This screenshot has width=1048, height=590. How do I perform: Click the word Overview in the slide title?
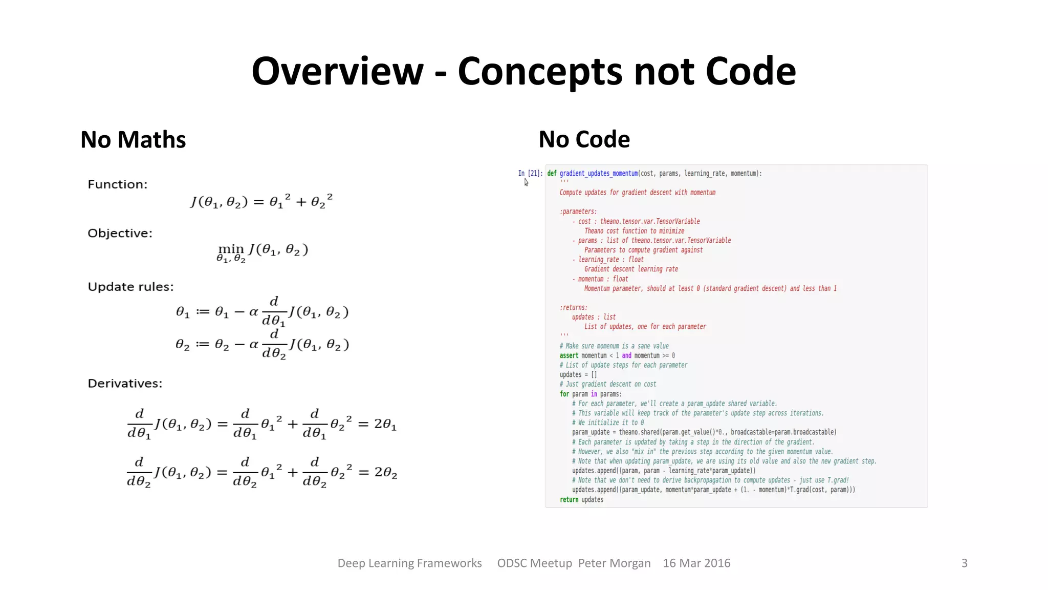point(337,71)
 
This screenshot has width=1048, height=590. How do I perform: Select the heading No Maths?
point(133,140)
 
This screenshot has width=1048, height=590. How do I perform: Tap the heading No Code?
point(584,139)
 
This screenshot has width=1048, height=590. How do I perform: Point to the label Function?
point(117,184)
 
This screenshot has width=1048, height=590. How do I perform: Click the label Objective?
point(120,233)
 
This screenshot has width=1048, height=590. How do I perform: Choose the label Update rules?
point(130,287)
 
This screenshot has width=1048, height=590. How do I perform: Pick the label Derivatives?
point(125,384)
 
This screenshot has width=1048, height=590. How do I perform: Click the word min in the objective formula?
point(231,249)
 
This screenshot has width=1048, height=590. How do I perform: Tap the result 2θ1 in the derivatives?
point(385,424)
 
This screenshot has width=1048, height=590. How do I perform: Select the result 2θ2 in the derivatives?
point(386,472)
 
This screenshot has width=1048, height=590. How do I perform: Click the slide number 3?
point(964,563)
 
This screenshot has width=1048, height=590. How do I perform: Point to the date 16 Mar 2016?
point(696,563)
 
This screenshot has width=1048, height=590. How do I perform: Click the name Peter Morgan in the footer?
point(614,563)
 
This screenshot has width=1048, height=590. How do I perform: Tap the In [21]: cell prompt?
point(530,174)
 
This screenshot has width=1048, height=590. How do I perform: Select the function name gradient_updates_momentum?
point(598,174)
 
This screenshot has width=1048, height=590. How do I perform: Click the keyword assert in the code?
point(569,355)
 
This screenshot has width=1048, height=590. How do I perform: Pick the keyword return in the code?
point(569,500)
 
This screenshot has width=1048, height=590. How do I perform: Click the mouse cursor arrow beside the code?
point(526,182)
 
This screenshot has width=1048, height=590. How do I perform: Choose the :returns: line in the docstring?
point(573,308)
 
